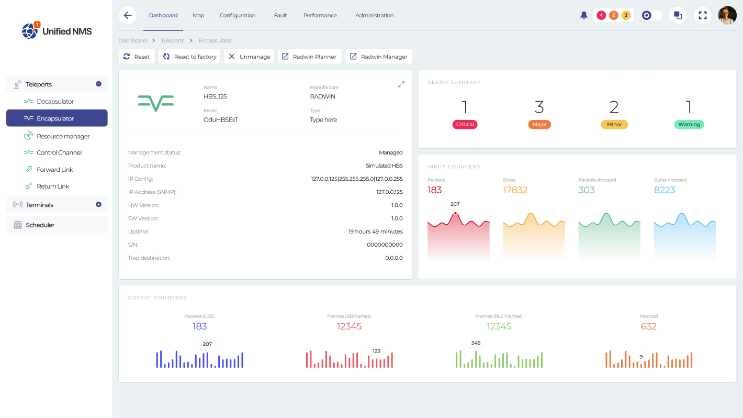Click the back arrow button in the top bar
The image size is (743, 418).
point(128,15)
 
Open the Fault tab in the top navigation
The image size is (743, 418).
point(280,15)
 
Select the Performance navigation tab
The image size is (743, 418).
point(320,15)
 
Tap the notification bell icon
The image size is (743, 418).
point(584,15)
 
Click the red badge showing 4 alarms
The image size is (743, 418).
point(601,15)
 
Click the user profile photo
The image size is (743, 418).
point(727,15)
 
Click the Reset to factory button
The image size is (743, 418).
point(189,57)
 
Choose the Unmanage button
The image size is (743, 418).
point(249,57)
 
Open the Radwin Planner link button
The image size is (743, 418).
point(309,57)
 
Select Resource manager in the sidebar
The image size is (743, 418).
point(63,136)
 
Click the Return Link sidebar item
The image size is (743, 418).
point(53,186)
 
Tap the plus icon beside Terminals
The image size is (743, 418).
point(98,204)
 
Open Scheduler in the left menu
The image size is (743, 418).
point(40,225)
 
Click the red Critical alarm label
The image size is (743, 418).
point(465,125)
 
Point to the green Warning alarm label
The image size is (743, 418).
point(689,125)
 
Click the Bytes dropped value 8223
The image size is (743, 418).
point(665,190)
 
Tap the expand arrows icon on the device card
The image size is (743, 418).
point(401,84)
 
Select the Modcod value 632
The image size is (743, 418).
point(648,326)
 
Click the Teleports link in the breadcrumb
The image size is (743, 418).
point(173,40)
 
